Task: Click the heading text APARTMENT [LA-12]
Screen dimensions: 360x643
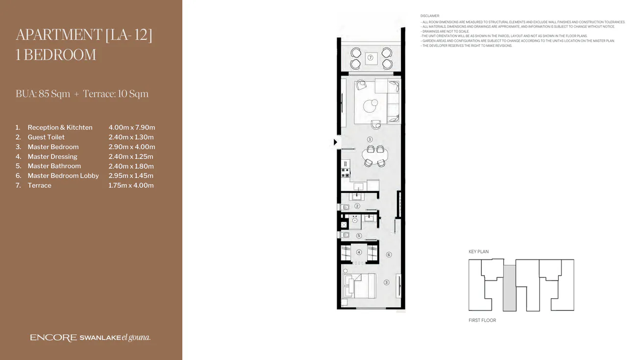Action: [84, 35]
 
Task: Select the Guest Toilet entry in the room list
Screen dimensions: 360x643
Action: [46, 137]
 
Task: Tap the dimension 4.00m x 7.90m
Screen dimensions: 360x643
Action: [131, 128]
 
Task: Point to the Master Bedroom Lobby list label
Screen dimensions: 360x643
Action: [63, 176]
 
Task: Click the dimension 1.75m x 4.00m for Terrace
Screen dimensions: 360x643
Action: [131, 185]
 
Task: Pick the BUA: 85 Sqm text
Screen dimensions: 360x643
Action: [43, 94]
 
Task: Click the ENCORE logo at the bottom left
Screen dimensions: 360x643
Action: [53, 337]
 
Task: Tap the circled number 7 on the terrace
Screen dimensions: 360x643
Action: [371, 58]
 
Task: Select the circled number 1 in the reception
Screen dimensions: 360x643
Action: [370, 139]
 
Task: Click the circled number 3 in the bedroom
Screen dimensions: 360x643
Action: [386, 282]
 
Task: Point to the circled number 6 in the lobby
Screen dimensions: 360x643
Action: [389, 255]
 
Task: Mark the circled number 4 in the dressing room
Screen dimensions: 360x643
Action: [359, 253]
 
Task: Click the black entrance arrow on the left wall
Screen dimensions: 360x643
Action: [336, 142]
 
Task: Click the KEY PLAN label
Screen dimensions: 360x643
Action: [478, 252]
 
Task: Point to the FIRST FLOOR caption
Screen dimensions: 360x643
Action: [482, 320]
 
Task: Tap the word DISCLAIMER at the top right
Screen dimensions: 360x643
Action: [430, 16]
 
